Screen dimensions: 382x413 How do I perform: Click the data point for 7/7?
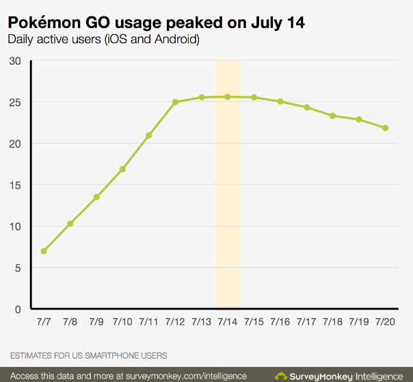44,251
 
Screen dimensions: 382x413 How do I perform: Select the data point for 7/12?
175,102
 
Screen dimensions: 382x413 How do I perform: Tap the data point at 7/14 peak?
228,97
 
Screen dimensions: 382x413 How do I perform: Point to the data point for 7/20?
385,128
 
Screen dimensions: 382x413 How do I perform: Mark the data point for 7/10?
122,169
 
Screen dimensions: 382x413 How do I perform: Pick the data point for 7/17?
306,107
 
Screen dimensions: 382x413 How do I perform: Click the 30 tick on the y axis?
15,61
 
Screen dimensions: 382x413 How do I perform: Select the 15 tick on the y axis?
15,185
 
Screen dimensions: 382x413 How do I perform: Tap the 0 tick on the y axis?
18,309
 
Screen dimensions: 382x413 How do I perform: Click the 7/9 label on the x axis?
96,322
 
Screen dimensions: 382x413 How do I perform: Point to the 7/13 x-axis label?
201,322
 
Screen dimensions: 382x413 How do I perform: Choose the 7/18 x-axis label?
332,322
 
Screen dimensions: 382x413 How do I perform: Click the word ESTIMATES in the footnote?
34,355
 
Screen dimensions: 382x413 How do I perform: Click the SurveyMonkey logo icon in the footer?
280,376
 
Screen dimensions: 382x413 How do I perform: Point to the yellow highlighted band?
228,205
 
